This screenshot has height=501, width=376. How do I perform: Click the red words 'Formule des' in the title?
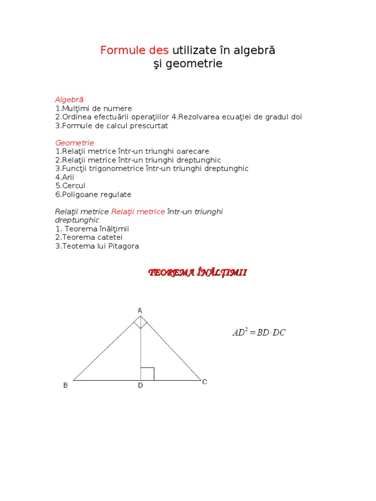point(135,50)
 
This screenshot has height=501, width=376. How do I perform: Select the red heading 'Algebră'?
point(69,100)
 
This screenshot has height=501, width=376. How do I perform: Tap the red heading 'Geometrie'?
point(74,143)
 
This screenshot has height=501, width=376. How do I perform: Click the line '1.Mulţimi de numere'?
point(94,109)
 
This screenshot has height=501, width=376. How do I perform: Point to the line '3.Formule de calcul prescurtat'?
point(112,126)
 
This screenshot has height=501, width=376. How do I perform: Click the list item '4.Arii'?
point(65,177)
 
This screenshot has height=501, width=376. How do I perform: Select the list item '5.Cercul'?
point(70,186)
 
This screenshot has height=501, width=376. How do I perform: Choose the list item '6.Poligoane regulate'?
point(93,195)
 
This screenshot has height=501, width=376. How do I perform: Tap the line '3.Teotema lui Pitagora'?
point(97,246)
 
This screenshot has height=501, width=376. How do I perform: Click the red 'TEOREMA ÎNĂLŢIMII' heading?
point(198,273)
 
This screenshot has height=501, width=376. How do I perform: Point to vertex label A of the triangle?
point(140,311)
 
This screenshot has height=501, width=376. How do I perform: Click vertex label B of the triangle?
point(66,386)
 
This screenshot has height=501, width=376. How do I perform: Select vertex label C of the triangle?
point(205,382)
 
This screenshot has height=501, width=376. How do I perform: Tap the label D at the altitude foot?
point(140,386)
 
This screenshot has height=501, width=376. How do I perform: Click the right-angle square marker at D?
point(147,374)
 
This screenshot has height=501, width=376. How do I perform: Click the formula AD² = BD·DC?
point(258,333)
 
